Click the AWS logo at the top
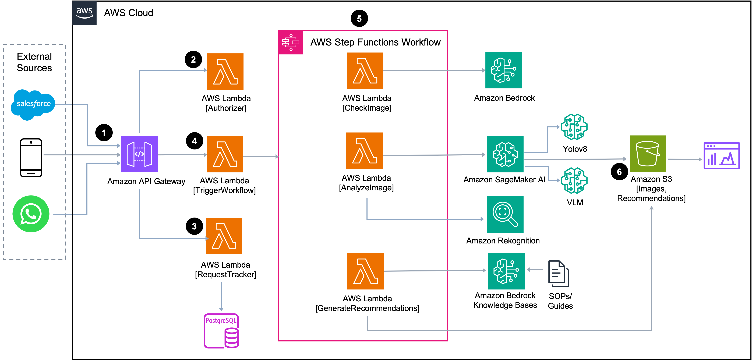(x=84, y=13)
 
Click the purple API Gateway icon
(x=139, y=154)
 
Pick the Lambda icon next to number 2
(x=225, y=72)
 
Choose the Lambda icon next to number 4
(x=225, y=154)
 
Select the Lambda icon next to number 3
(x=224, y=236)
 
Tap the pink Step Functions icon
(x=291, y=42)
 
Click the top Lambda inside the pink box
(x=365, y=71)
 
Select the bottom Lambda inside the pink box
(x=365, y=271)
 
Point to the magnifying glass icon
(x=505, y=214)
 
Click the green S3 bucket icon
(x=648, y=154)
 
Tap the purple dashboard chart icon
(x=722, y=155)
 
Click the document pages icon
(x=559, y=273)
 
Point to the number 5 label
(x=359, y=19)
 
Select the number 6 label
(x=619, y=172)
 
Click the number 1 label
(x=104, y=133)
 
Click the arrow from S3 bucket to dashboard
(x=684, y=159)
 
